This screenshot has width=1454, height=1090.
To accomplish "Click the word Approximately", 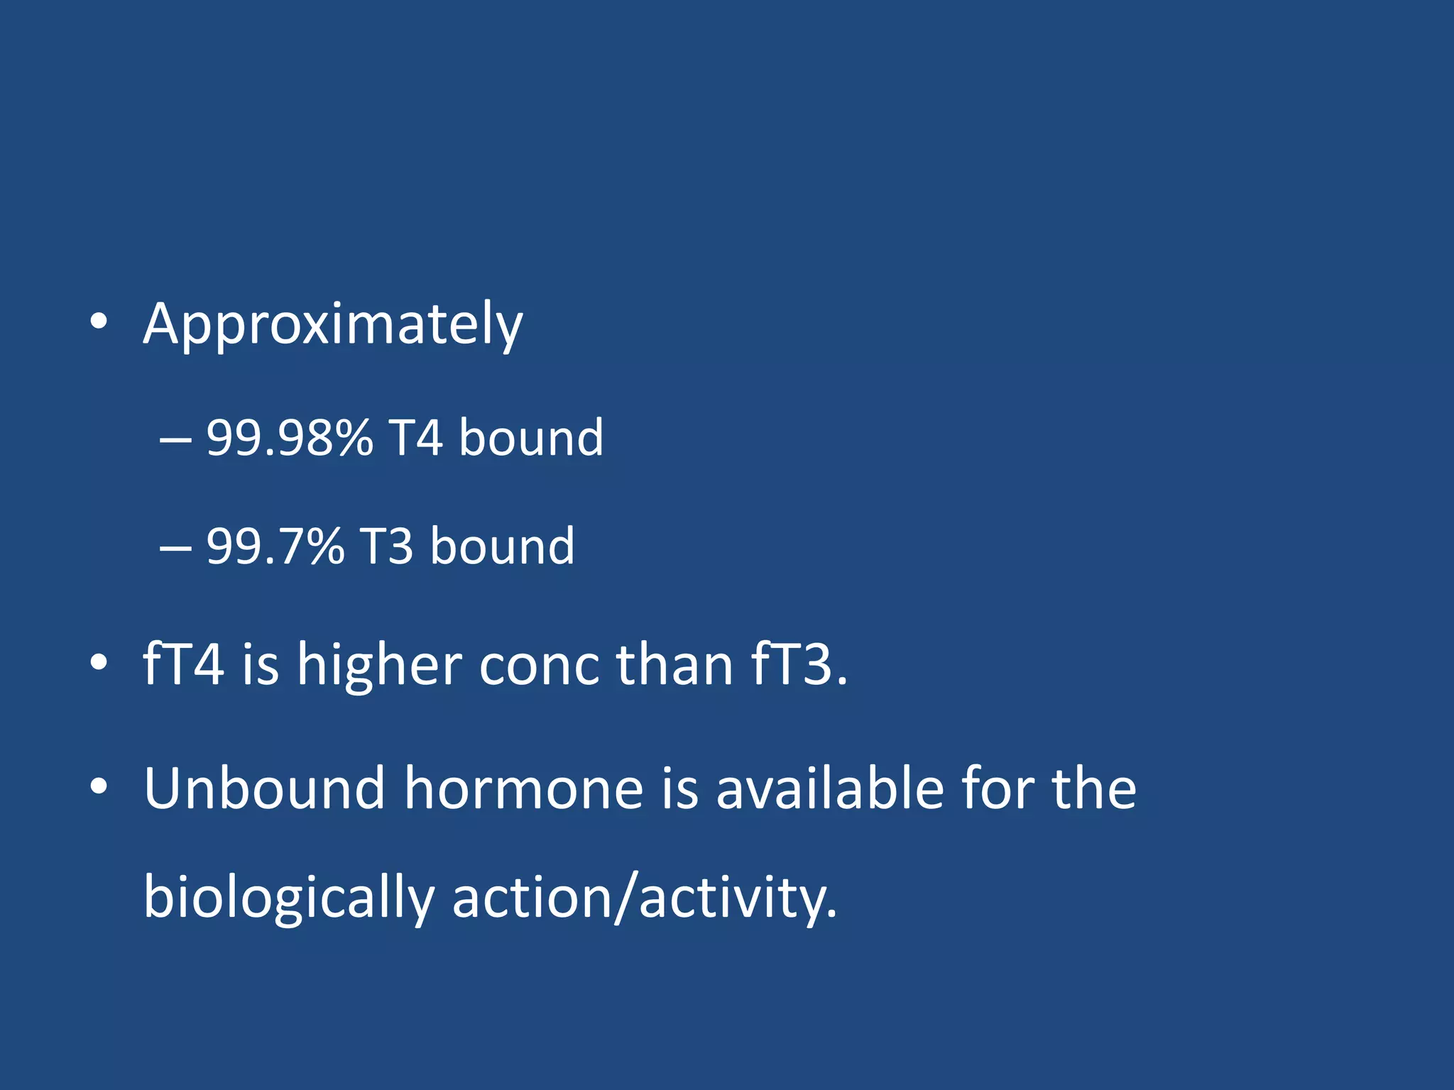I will (x=332, y=325).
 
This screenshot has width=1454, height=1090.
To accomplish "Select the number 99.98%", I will (x=289, y=437).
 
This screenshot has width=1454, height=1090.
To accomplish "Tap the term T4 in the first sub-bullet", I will (x=415, y=437).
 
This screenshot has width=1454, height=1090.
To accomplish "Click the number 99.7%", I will (x=275, y=546).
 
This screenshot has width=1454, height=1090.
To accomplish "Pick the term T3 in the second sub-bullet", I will (x=387, y=546).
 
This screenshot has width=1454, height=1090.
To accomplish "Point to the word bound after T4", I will (x=531, y=437).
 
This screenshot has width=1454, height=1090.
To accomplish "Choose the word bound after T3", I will (x=503, y=546).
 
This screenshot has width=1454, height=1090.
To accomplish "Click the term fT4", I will (x=183, y=664).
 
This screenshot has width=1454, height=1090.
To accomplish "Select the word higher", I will (x=379, y=664).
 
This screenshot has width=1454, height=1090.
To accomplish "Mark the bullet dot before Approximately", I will (x=99, y=321).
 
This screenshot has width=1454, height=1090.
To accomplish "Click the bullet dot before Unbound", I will (x=99, y=786).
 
